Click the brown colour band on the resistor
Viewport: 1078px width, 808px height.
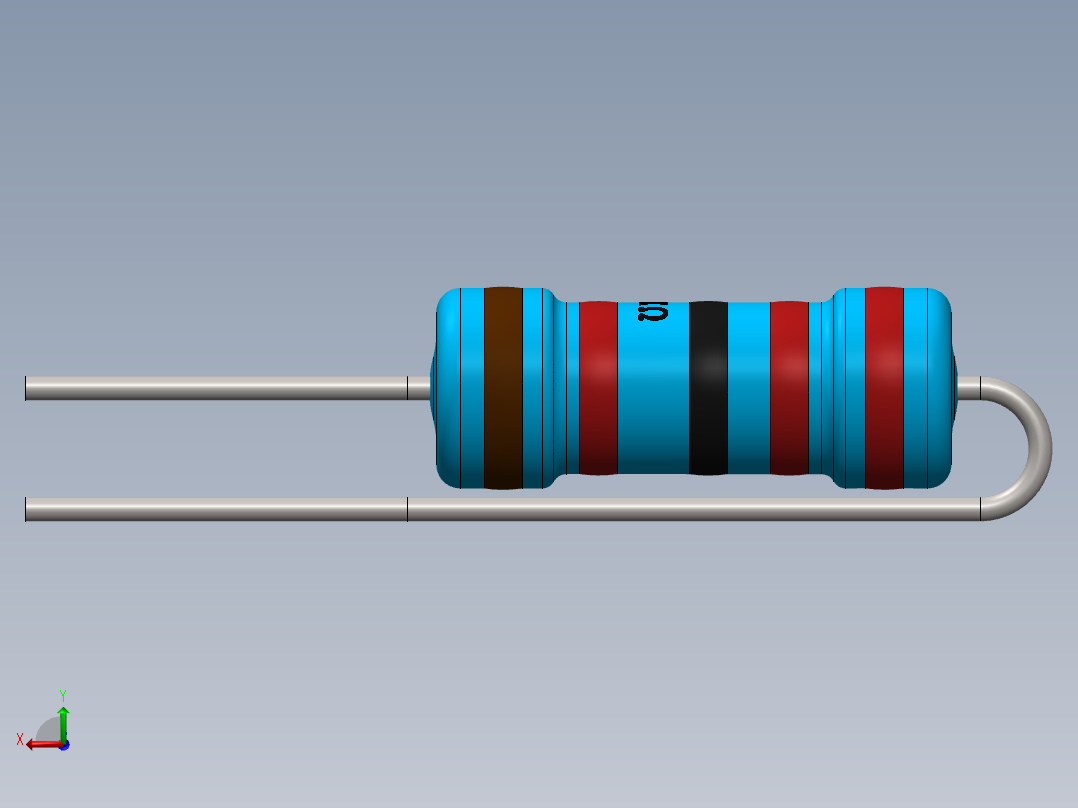[x=503, y=388]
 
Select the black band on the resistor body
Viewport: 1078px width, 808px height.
[x=708, y=388]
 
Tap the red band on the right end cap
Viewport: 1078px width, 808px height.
[x=884, y=388]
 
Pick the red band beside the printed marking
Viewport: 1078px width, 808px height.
[x=598, y=388]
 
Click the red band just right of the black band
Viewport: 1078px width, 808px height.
[x=789, y=388]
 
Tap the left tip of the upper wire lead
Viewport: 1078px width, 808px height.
[x=28, y=388]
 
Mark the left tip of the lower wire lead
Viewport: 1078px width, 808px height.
[x=28, y=510]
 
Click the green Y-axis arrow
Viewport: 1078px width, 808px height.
[x=63, y=717]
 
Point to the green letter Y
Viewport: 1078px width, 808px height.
[x=62, y=694]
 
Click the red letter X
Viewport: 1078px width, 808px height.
[x=20, y=739]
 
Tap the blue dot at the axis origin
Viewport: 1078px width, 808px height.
[x=63, y=744]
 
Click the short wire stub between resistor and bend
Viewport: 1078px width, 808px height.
[x=968, y=388]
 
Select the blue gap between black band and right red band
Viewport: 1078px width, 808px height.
[x=748, y=388]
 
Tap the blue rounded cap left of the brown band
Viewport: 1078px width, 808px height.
[x=458, y=388]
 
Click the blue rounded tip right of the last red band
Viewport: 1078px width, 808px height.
[x=928, y=388]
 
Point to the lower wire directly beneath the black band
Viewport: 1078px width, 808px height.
[x=708, y=510]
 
